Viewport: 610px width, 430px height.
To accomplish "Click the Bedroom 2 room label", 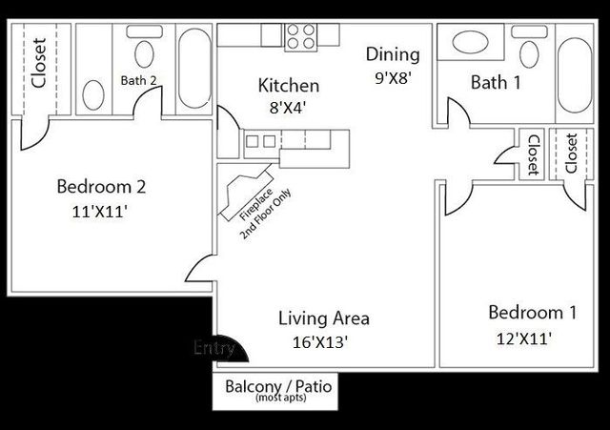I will click(100, 185).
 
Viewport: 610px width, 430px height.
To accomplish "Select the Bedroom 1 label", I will click(532, 312).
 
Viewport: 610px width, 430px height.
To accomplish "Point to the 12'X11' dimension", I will click(523, 338).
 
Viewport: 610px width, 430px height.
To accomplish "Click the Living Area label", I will click(323, 318).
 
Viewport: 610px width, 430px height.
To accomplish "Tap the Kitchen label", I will click(288, 86).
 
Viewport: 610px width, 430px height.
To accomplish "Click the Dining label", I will click(392, 55).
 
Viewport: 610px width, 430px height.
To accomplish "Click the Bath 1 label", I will click(496, 83).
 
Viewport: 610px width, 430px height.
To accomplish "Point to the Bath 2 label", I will click(138, 81).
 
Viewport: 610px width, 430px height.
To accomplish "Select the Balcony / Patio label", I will click(274, 388).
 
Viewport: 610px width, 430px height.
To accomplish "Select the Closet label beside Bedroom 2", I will click(39, 63).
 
